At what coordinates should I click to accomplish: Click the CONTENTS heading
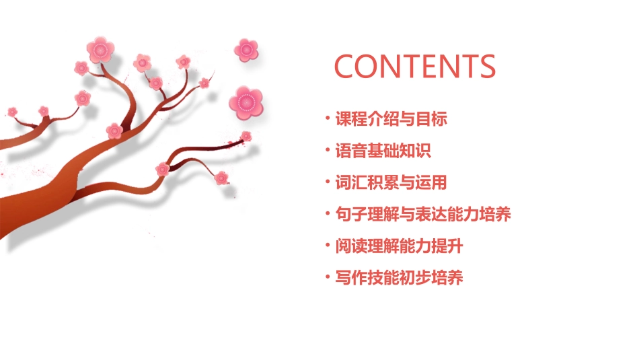coord(415,66)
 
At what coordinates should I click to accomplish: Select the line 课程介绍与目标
coord(391,120)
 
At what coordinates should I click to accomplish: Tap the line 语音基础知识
coord(383,151)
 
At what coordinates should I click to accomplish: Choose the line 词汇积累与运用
coord(391,182)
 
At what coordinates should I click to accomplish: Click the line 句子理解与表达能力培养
coord(423,215)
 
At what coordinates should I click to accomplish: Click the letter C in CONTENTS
coord(346,67)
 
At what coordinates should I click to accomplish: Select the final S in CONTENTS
coord(486,67)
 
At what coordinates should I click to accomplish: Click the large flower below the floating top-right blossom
coord(246,102)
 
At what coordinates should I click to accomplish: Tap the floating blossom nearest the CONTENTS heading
coord(247,49)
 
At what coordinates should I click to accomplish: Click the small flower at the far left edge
coord(12,111)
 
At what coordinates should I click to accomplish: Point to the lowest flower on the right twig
coord(221,178)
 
